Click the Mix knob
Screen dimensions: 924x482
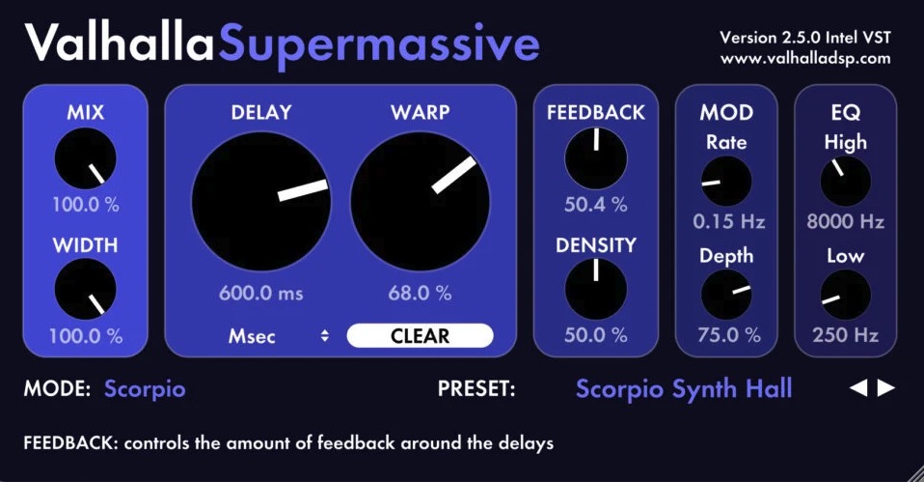[86, 158]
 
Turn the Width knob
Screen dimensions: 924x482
[86, 289]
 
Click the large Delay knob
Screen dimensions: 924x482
[261, 201]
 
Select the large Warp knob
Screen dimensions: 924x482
[421, 201]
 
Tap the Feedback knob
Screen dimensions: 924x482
[596, 158]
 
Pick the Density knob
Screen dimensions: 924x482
[596, 289]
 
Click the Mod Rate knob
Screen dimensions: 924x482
[726, 182]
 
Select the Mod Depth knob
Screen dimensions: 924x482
[726, 295]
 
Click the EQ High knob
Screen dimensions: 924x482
[846, 182]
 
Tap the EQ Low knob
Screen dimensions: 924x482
[846, 295]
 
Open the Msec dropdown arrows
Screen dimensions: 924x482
[325, 336]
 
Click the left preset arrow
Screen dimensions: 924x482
[858, 387]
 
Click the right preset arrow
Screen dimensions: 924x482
[886, 387]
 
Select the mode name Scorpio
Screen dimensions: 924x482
[145, 388]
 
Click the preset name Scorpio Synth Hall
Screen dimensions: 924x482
[684, 389]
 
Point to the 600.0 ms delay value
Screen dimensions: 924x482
[261, 293]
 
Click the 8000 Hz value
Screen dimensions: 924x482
[846, 221]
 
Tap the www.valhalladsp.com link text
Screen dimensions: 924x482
[805, 58]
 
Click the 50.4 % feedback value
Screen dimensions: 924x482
[596, 204]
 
